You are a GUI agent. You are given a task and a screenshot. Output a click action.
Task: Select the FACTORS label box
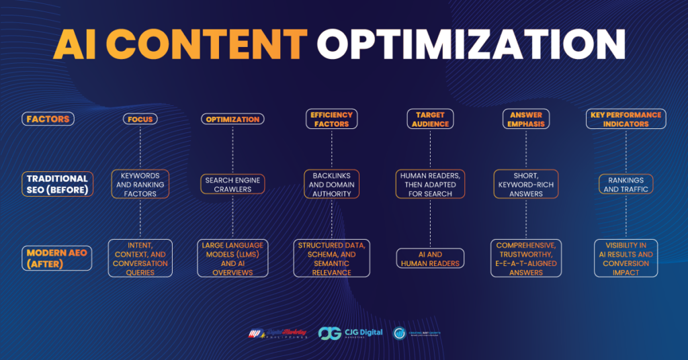(x=48, y=119)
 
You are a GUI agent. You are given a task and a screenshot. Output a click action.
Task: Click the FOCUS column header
(x=140, y=119)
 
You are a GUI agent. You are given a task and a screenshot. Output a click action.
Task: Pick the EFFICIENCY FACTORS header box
(x=329, y=119)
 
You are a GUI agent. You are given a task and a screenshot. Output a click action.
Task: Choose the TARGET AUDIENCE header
(x=425, y=119)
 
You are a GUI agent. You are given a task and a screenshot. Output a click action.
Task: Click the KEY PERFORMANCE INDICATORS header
(x=626, y=119)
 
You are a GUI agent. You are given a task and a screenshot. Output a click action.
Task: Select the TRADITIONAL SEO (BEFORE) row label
(x=57, y=183)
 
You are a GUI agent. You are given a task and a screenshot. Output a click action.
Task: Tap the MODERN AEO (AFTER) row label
(x=57, y=258)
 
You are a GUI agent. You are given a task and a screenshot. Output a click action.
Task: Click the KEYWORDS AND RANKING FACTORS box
(x=140, y=184)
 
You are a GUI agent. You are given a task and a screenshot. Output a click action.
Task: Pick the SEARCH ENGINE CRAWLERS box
(x=232, y=184)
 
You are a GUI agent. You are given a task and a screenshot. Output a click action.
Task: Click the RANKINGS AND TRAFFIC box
(x=626, y=184)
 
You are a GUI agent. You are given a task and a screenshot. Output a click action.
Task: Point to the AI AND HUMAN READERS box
(x=429, y=259)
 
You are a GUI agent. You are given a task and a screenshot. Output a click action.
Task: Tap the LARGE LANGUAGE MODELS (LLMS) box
(x=232, y=259)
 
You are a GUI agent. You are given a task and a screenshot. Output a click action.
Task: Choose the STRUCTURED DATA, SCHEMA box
(x=331, y=259)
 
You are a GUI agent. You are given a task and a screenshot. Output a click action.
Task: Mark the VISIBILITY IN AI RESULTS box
(x=626, y=259)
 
